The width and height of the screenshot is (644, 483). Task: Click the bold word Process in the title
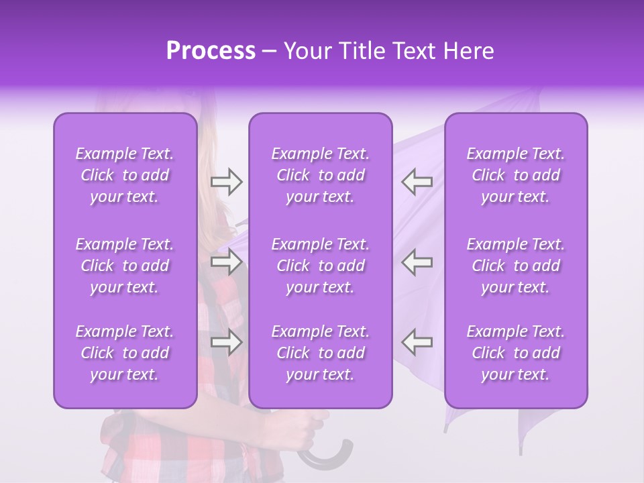211,51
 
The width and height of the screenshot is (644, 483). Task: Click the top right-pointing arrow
226,182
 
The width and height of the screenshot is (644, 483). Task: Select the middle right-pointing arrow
226,262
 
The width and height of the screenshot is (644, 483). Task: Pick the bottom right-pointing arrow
226,343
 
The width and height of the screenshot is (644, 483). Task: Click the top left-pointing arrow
417,182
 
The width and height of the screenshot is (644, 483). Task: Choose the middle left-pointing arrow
417,262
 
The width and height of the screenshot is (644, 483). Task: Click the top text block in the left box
125,175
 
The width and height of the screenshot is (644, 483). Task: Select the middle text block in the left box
125,266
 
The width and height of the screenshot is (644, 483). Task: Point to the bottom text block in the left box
125,353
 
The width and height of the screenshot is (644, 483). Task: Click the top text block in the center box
321,175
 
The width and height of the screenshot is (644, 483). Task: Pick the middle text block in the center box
321,266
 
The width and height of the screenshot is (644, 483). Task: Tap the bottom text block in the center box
321,353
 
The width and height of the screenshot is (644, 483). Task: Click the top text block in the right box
516,175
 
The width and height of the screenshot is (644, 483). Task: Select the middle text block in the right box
516,266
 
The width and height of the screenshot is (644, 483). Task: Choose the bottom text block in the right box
516,353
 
